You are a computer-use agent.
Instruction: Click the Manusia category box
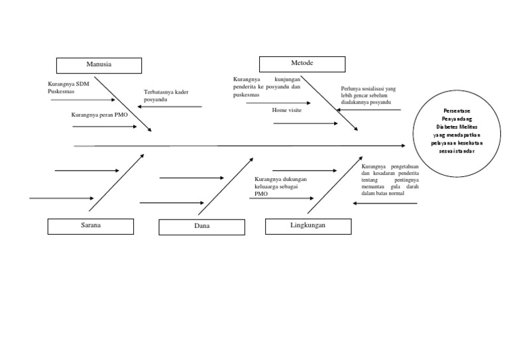99,65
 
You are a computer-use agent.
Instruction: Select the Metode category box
302,64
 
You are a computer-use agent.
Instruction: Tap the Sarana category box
90,226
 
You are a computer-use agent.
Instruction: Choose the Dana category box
201,227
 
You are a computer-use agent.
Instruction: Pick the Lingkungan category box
308,226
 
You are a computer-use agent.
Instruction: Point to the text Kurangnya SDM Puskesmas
69,88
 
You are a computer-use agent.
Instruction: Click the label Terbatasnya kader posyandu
166,95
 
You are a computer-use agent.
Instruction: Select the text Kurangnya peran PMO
99,115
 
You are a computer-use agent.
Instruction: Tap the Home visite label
286,110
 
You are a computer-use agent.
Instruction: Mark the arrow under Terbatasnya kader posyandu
170,106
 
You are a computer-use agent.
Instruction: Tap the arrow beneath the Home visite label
305,123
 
